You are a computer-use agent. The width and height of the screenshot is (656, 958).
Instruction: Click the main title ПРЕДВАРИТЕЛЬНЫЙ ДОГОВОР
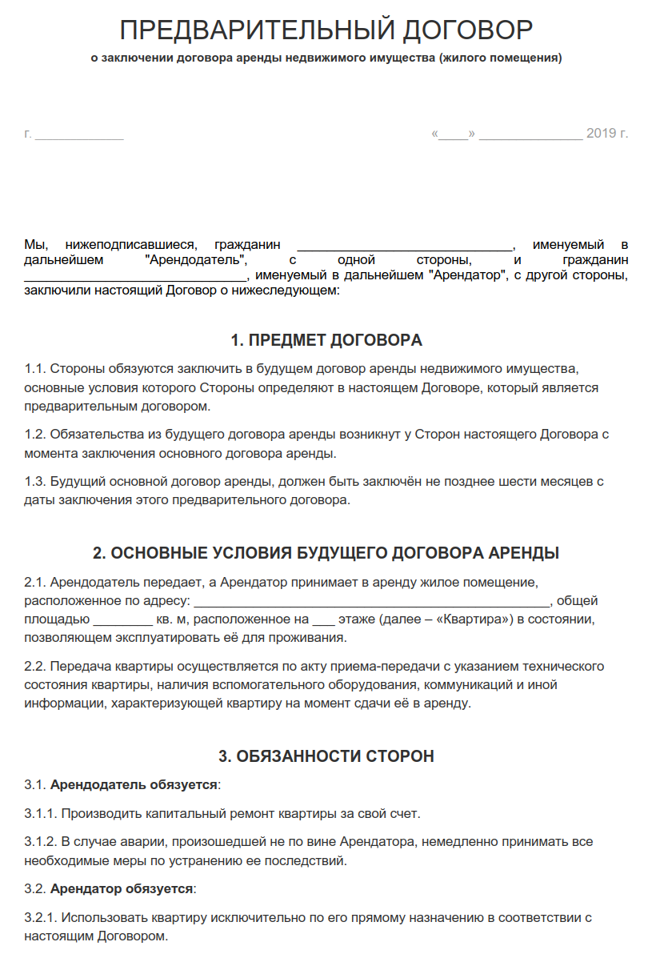coord(326,30)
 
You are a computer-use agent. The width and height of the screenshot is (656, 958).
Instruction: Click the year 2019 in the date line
coord(601,133)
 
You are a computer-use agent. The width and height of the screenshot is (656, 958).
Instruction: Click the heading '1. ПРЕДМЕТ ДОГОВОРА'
coord(326,341)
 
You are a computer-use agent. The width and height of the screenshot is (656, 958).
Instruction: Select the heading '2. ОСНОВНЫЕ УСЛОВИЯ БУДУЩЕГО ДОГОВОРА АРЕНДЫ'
coord(326,554)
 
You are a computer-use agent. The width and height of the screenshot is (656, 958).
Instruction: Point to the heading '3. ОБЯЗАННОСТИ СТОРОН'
coord(326,756)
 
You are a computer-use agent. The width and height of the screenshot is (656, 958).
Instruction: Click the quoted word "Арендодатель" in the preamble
coord(198,260)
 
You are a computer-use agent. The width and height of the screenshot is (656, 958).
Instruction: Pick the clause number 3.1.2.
coord(41,842)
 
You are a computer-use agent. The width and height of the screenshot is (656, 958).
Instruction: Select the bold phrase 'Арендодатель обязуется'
coord(134,784)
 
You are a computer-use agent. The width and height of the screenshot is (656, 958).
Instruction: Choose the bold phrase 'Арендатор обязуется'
coord(122,889)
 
